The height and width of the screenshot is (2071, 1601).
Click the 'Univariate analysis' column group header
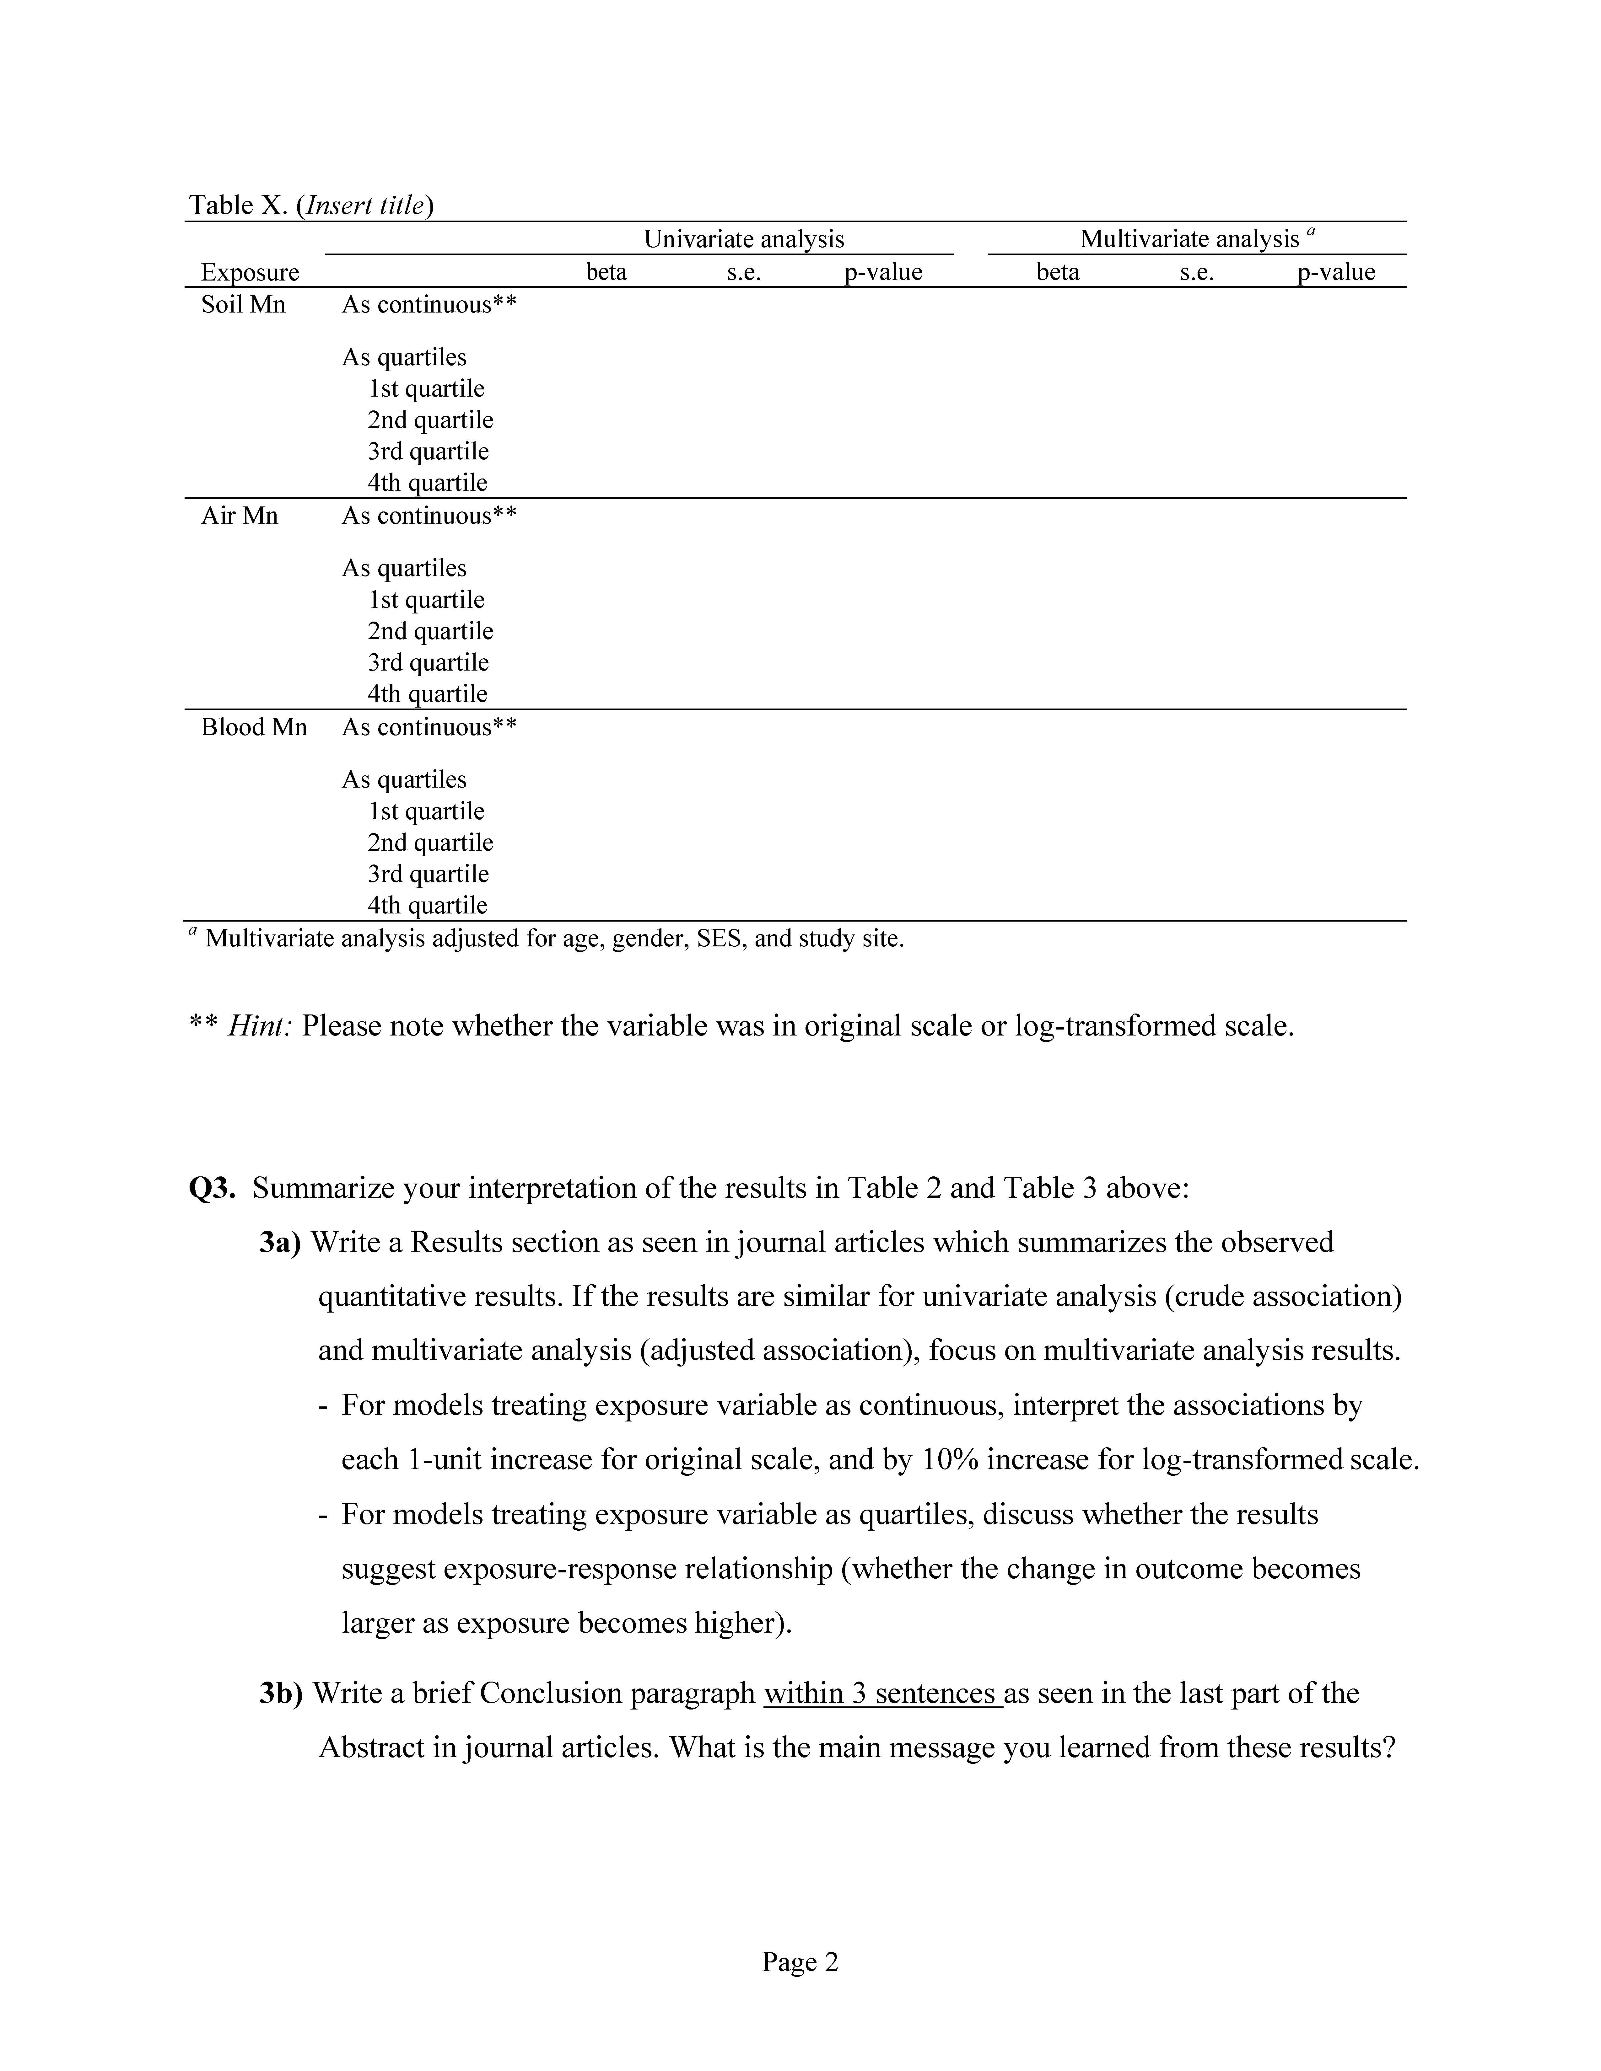[744, 239]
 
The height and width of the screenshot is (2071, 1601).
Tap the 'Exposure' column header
[250, 272]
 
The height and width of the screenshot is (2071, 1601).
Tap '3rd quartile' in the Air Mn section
[428, 663]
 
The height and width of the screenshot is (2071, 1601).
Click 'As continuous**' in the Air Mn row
[429, 516]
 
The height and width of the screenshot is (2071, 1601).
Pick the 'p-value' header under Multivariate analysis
[1335, 272]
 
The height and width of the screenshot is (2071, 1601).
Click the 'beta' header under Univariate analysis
[606, 272]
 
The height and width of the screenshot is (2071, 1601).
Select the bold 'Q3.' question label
[213, 1188]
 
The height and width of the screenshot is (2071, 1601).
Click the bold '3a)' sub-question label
[280, 1242]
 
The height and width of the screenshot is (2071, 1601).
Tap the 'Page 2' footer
[800, 1962]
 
